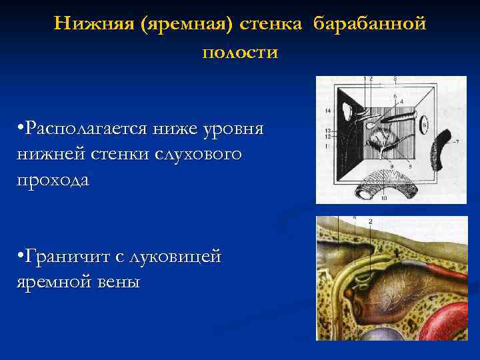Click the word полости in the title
pos(239,52)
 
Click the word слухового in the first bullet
pos(205,154)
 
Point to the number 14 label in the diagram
pos(327,109)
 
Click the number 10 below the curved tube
pos(384,199)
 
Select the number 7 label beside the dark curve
pos(457,141)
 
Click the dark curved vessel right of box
pos(442,148)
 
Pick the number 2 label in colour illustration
pos(369,221)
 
